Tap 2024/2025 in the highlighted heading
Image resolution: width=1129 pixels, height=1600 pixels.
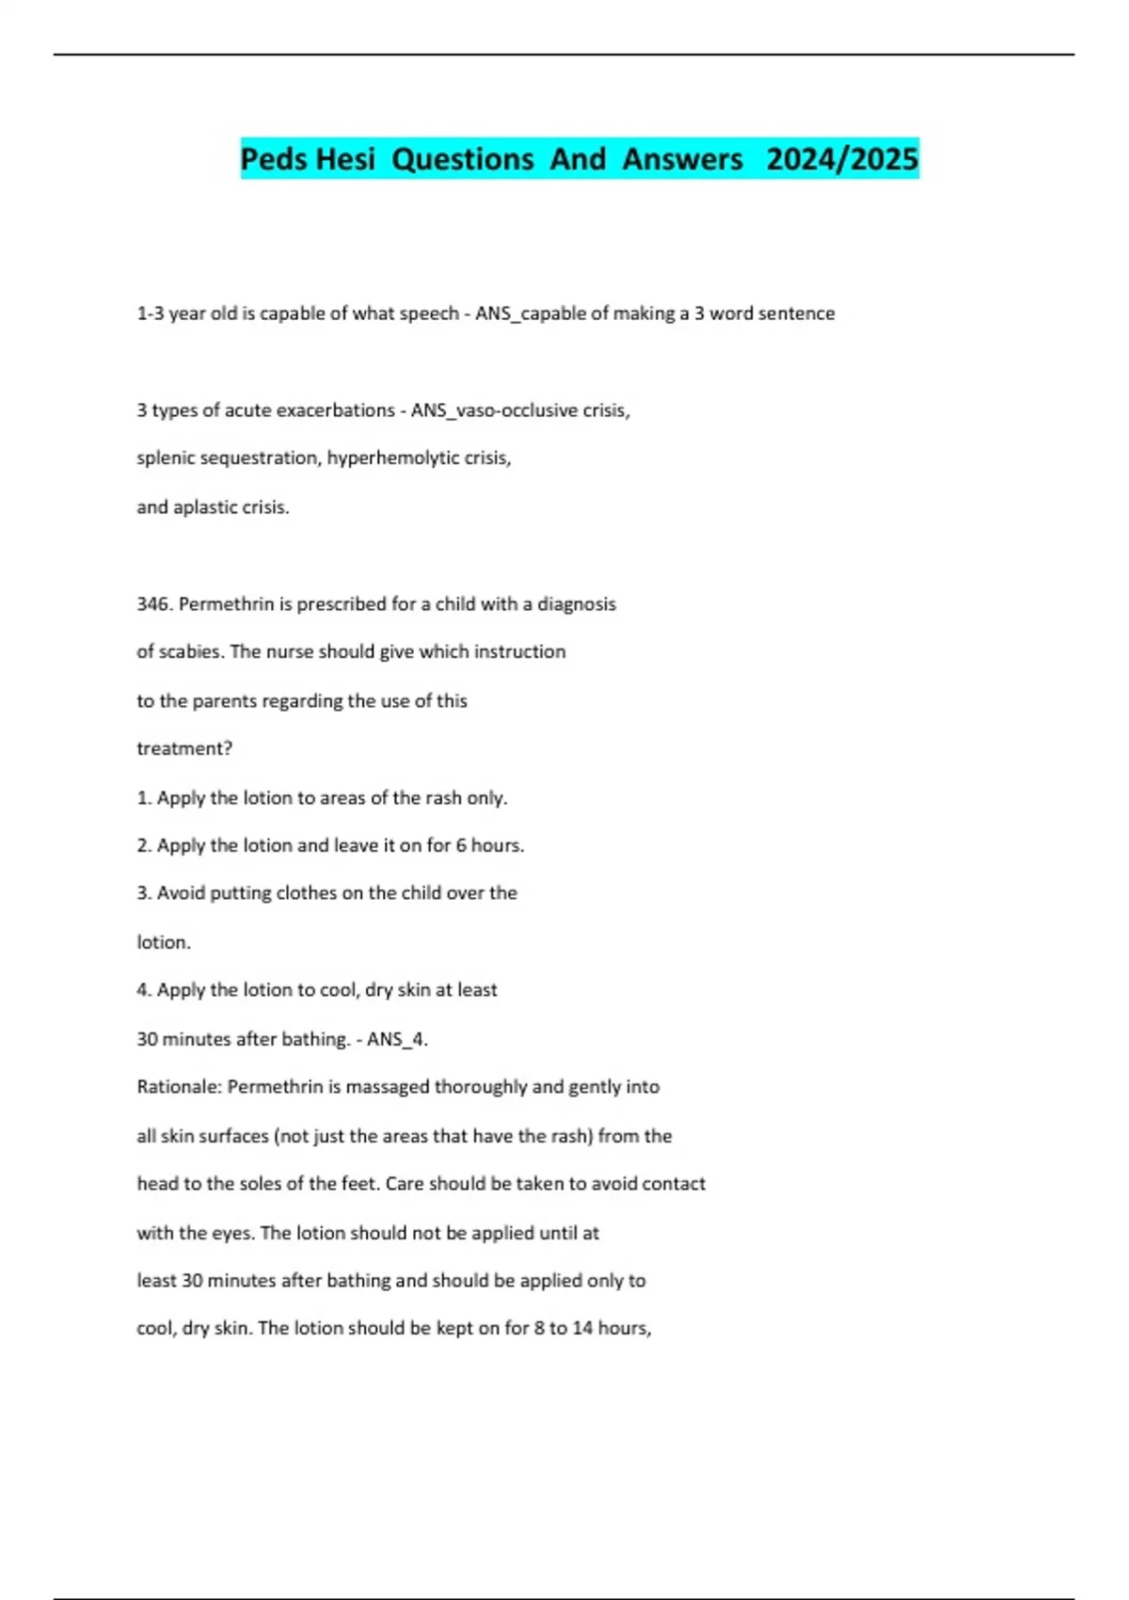coord(841,159)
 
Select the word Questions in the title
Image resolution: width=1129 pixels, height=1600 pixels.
coord(462,159)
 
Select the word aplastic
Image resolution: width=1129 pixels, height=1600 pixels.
coord(207,507)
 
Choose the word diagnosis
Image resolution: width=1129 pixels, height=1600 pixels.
coord(576,604)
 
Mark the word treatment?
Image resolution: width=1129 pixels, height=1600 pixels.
coord(184,749)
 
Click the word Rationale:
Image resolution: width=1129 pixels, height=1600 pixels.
coord(179,1087)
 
